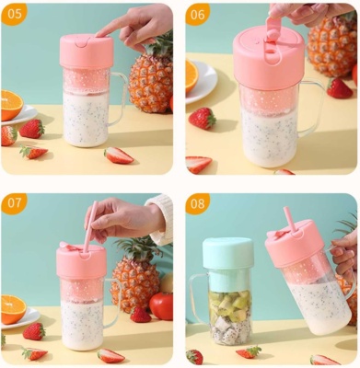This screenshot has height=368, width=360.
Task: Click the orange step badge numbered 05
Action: [14, 14]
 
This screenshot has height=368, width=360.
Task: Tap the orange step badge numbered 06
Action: [198, 14]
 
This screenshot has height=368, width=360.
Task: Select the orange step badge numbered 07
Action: [14, 203]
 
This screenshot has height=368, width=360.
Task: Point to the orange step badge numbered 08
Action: [198, 203]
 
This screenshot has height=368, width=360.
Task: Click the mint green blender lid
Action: [228, 253]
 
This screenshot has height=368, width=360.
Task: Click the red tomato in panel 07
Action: [162, 305]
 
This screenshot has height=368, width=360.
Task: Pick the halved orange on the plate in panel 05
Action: [12, 104]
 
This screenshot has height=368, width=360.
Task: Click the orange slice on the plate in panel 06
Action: [192, 76]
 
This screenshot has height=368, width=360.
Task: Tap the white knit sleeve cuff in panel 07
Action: [160, 219]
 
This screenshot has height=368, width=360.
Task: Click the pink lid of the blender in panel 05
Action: [87, 52]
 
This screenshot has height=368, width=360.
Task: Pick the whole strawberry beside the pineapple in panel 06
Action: [339, 88]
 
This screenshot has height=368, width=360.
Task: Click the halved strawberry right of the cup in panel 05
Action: [118, 155]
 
